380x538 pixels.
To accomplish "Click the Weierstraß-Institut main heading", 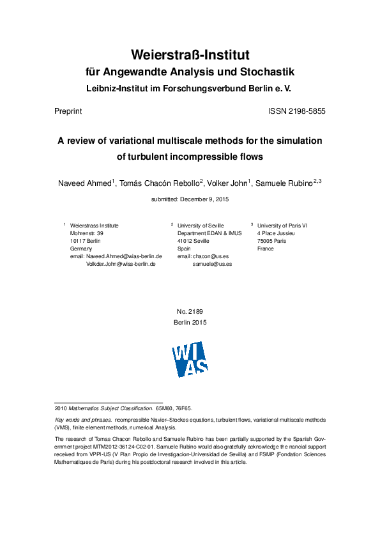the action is click(190, 54).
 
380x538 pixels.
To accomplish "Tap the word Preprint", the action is click(68, 111).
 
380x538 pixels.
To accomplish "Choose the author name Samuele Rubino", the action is click(283, 183).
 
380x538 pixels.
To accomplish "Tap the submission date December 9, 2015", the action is click(205, 199).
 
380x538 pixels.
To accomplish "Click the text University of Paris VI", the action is click(282, 226).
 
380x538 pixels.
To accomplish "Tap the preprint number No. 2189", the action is click(190, 312).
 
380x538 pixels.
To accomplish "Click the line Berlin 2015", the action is click(190, 323).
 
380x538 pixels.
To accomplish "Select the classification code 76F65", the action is click(183, 407).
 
